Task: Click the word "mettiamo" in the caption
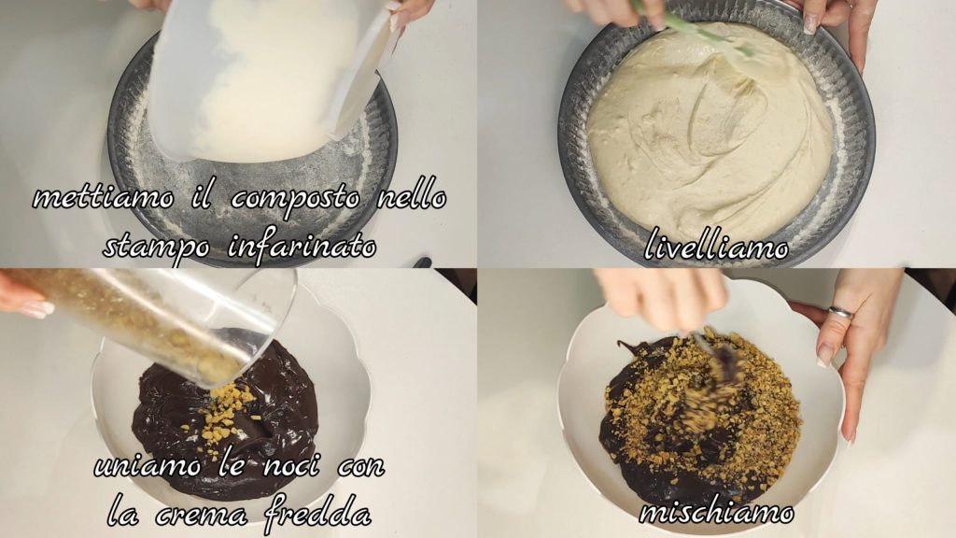pos(103,198)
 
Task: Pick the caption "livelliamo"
pos(716,246)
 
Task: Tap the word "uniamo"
pos(148,467)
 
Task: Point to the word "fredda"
pos(317,513)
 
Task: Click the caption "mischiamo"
pos(716,513)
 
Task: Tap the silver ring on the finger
pos(839,312)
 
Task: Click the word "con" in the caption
pos(361,467)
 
